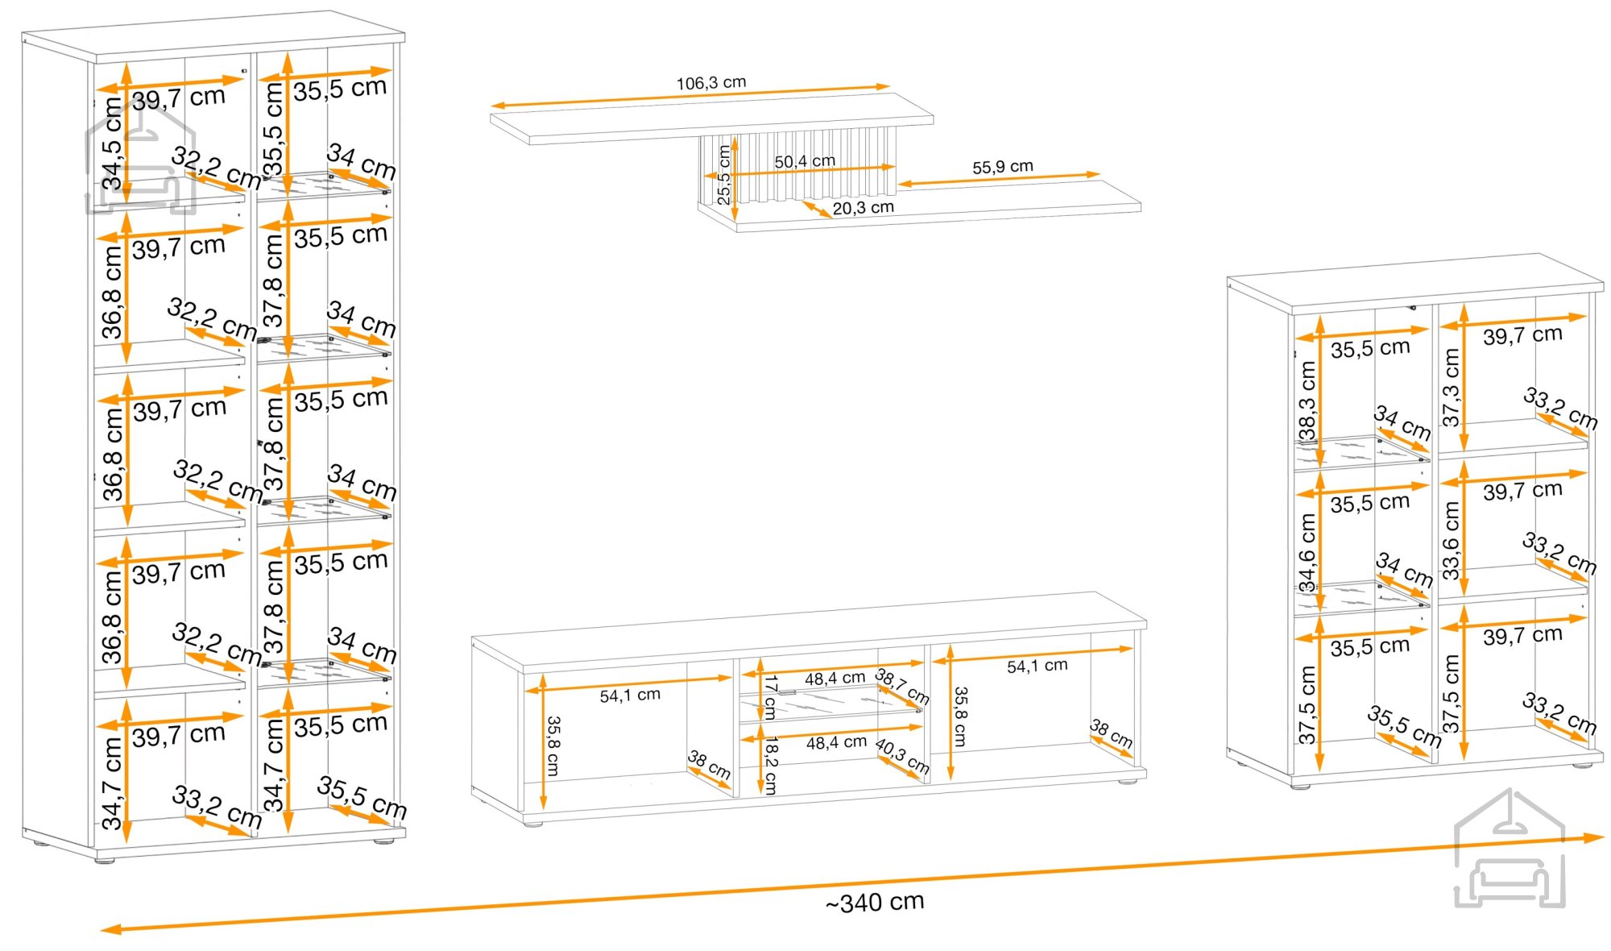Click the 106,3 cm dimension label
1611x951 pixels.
[x=711, y=82]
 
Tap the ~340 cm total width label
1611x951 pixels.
[x=875, y=902]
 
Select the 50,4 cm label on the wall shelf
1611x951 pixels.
[x=805, y=161]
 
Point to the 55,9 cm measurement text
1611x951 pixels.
[x=1002, y=167]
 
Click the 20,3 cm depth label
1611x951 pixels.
[x=863, y=207]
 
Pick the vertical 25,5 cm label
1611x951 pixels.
[x=723, y=175]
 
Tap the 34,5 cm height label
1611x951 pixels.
[x=112, y=143]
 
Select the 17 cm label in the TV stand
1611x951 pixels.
[x=770, y=697]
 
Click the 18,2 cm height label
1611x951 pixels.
[x=770, y=765]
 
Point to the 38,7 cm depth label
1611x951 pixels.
[x=902, y=686]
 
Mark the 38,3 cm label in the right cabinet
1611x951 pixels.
[x=1307, y=401]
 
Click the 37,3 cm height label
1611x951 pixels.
[x=1452, y=387]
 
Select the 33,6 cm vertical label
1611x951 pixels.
[x=1452, y=541]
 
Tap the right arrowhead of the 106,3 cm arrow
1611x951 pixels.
[x=883, y=86]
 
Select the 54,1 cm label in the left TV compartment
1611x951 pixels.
[x=630, y=695]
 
